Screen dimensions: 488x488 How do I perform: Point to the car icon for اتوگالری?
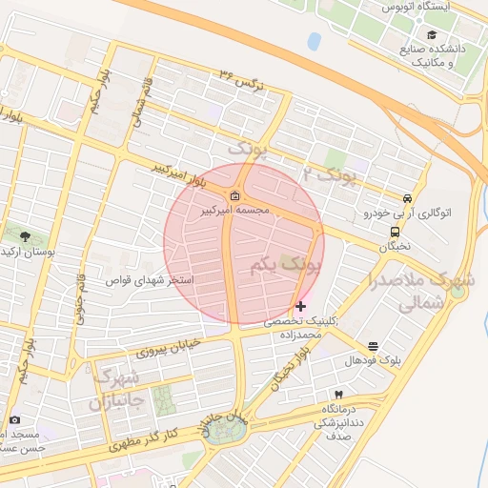[408, 198]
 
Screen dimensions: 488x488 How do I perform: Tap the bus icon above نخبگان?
[395, 232]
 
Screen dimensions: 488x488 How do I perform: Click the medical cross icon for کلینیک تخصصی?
[301, 306]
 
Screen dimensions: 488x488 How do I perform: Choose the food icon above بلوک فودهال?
[372, 346]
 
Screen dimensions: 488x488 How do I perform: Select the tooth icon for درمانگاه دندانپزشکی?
[338, 394]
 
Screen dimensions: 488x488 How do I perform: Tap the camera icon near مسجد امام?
[13, 419]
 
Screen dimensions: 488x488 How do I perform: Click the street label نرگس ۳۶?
[239, 76]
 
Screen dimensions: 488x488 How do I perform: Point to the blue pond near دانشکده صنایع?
[314, 41]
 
